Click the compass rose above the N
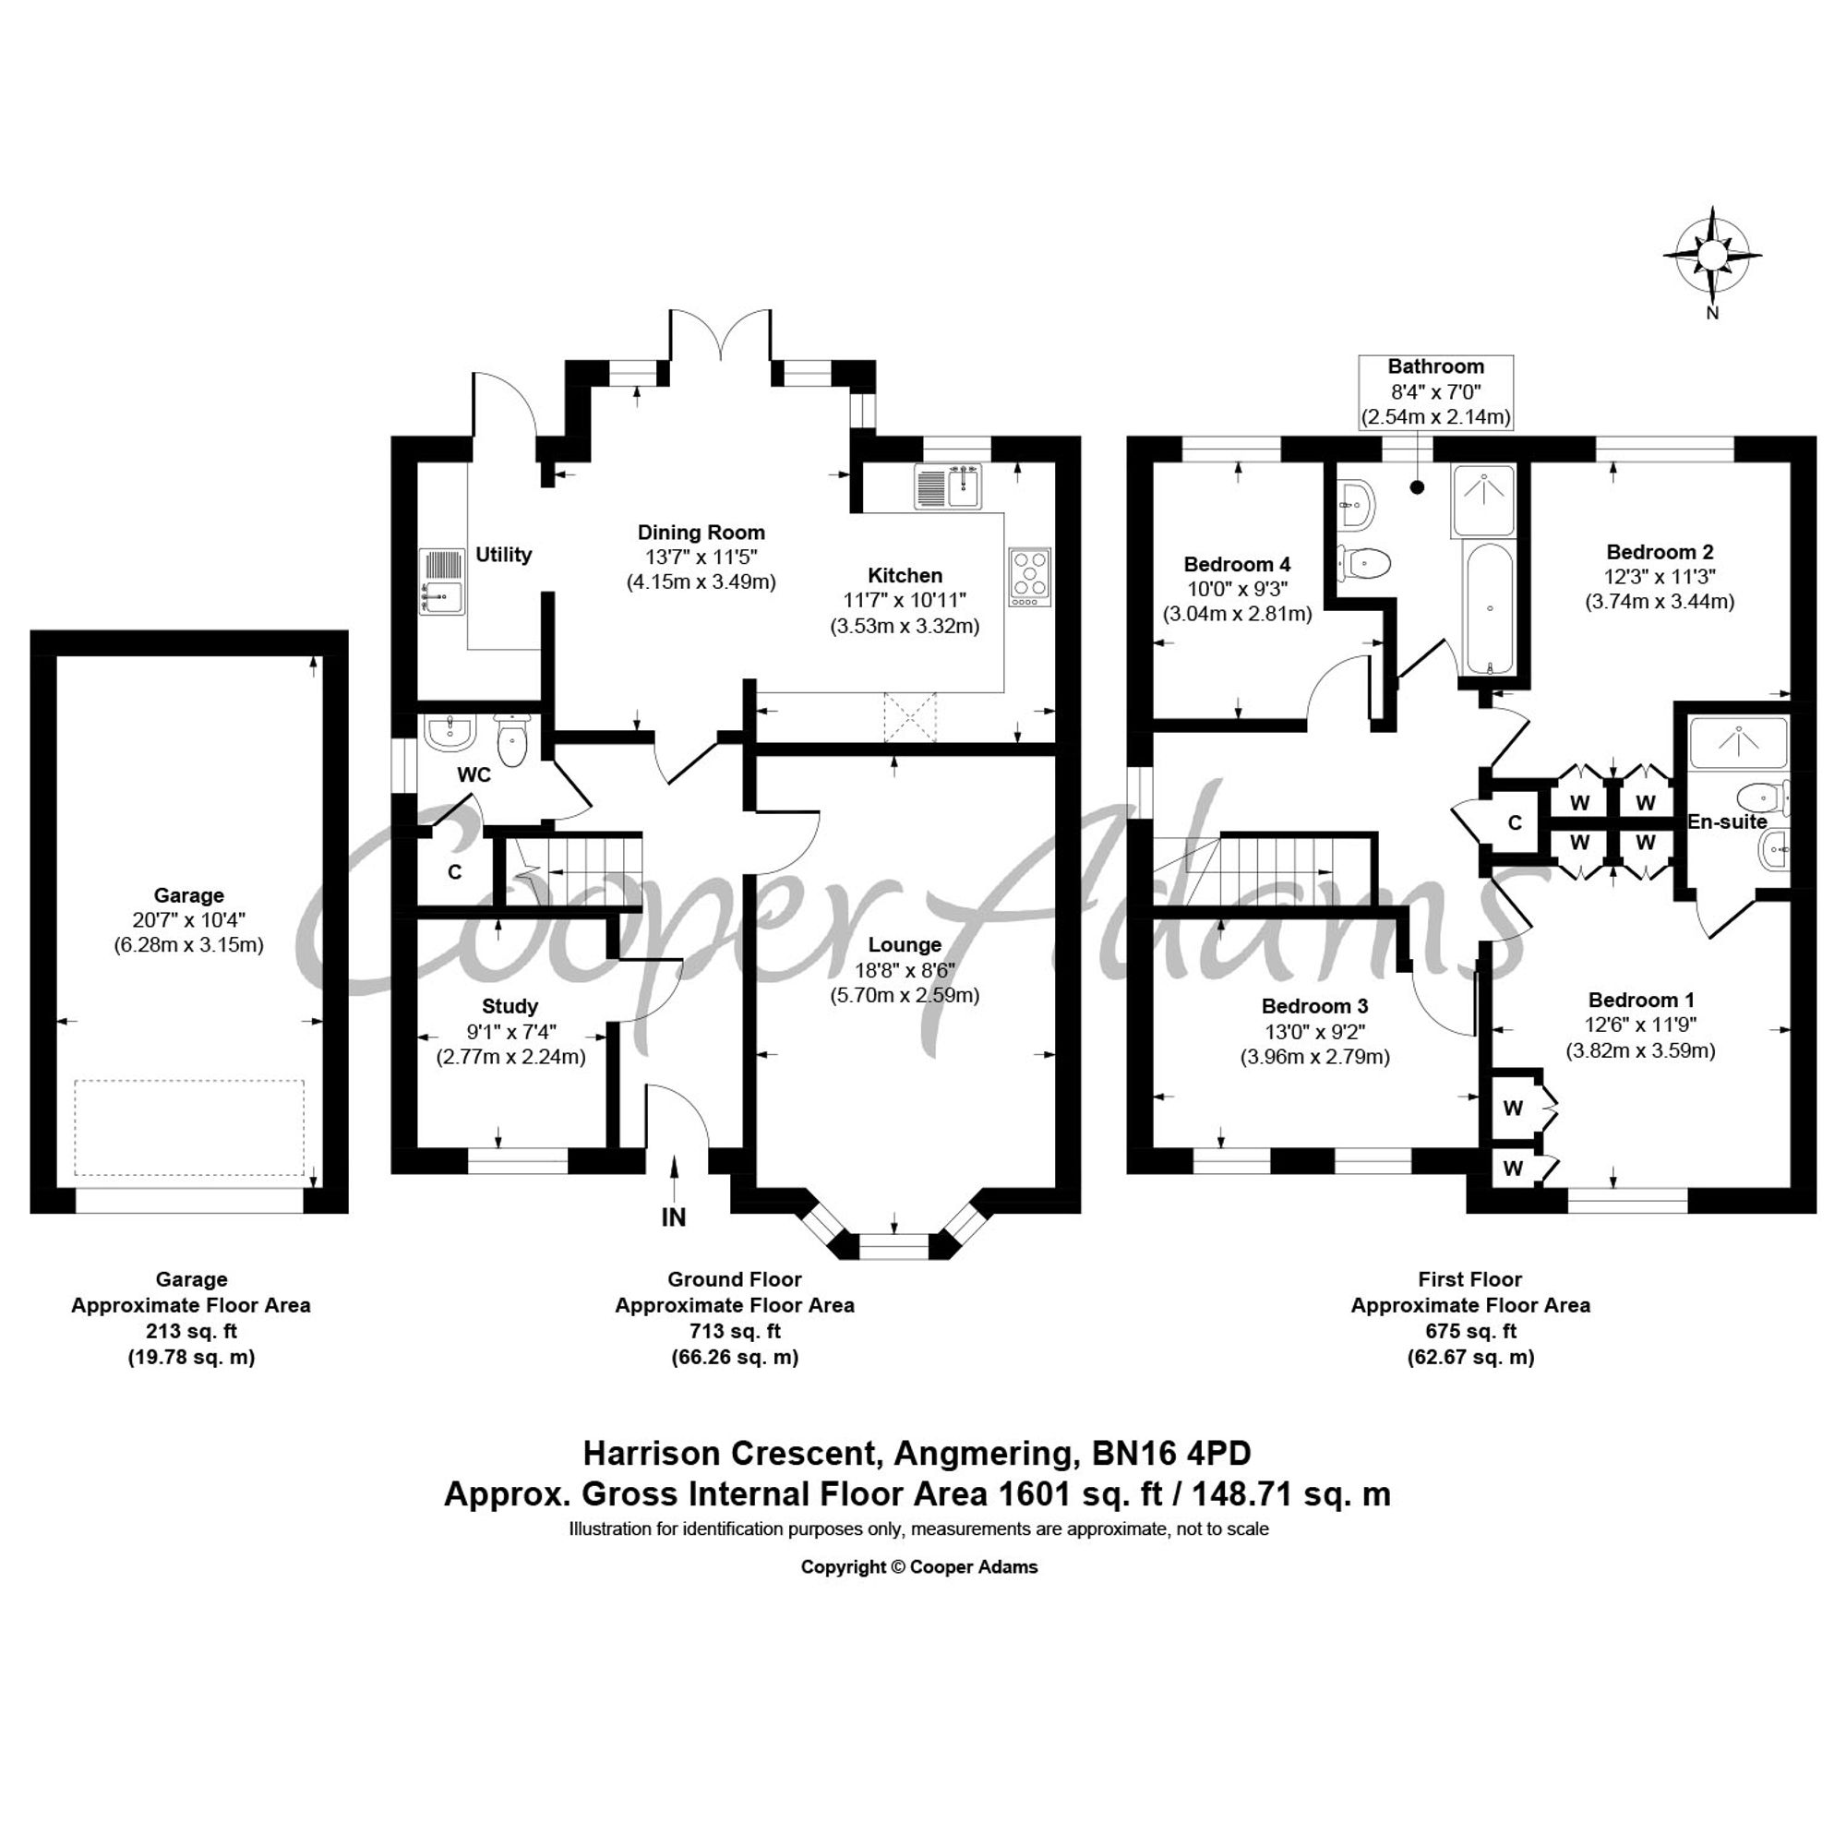click(x=1712, y=254)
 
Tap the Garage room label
click(x=189, y=895)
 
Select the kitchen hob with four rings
click(x=1030, y=578)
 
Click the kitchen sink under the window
click(x=949, y=486)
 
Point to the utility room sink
click(x=441, y=580)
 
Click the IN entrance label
click(x=674, y=1217)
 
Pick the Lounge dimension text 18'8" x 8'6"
click(x=905, y=970)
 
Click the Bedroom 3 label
click(x=1314, y=1006)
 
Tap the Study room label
click(x=509, y=1006)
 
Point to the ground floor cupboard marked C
click(x=455, y=871)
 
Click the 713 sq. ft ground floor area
click(x=734, y=1330)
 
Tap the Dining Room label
click(x=701, y=533)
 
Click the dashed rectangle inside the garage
click(x=189, y=1128)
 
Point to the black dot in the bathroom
click(x=1417, y=486)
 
